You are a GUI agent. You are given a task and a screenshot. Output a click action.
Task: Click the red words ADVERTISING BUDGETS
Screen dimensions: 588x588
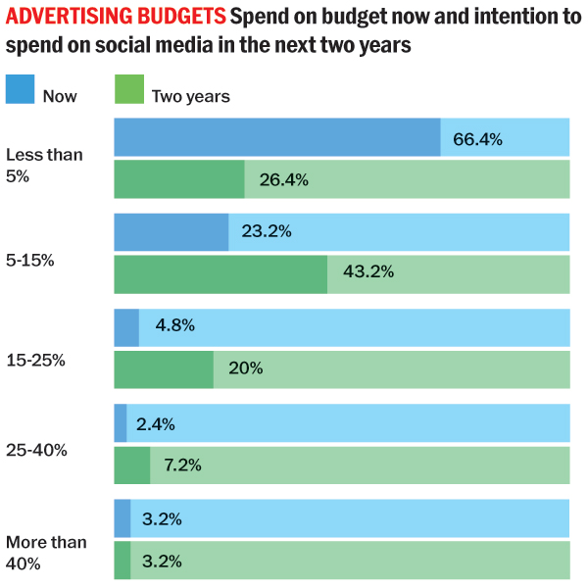[x=115, y=17]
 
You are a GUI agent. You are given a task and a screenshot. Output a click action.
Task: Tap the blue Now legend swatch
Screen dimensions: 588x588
[x=20, y=89]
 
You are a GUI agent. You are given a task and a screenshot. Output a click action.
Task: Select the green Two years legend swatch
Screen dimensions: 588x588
[x=128, y=89]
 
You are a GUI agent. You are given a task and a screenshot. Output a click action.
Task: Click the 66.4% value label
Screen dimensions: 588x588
[x=477, y=139]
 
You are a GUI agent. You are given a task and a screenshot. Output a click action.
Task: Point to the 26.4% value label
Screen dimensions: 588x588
[x=284, y=179]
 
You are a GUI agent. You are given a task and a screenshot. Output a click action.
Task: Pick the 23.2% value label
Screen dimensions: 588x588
[x=267, y=233]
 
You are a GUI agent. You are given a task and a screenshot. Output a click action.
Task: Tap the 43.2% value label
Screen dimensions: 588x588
[x=368, y=272]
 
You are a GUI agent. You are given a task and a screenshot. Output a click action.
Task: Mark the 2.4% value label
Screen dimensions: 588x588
[x=156, y=423]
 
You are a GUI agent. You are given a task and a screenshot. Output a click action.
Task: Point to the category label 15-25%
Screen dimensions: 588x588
[x=35, y=360]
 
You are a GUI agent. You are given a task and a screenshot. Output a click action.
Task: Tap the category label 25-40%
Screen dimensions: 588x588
[x=35, y=451]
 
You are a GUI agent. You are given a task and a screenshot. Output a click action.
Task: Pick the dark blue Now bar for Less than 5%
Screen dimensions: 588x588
[x=276, y=137]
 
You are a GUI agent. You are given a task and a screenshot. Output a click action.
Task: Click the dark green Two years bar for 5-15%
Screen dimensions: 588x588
[x=220, y=274]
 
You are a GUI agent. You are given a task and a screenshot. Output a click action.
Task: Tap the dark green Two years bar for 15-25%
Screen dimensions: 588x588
[x=163, y=369]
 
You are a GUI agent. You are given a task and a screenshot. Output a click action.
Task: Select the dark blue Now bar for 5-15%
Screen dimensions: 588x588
[x=171, y=232]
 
